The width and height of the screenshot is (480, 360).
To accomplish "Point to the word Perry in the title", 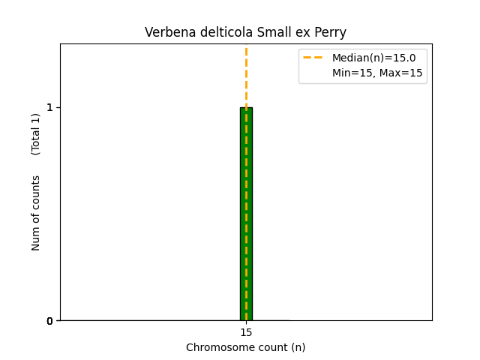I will [331, 33].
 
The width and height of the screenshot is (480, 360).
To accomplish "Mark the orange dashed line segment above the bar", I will [246, 75].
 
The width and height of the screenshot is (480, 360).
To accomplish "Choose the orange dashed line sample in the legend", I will [313, 57].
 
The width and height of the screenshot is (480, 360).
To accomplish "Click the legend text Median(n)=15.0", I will [373, 57].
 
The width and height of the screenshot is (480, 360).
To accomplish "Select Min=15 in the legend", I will [352, 73].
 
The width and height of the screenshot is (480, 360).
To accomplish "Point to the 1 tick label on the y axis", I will [50, 107].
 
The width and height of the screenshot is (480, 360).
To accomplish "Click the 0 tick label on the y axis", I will [50, 321].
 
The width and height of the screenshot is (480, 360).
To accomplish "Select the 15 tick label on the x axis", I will [246, 332].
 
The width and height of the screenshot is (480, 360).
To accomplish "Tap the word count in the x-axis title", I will [269, 347].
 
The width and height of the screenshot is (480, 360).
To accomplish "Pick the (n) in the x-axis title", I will [298, 347].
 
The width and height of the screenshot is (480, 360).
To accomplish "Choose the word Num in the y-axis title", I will [36, 238].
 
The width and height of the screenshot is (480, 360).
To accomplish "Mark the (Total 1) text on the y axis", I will [36, 133].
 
